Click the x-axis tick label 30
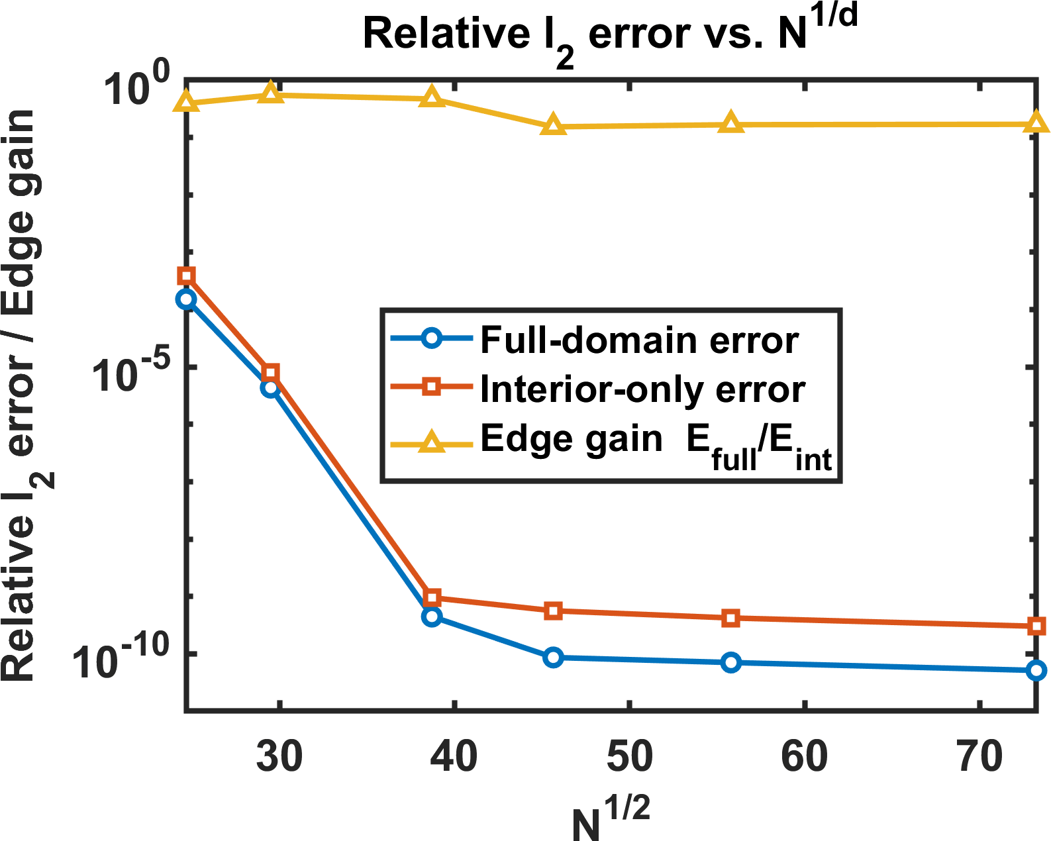coord(279,756)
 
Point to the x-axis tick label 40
coord(454,756)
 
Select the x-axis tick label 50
coord(629,756)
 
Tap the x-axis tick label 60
coord(804,756)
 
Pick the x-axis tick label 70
coord(979,756)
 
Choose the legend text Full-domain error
coord(639,340)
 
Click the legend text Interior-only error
coord(642,389)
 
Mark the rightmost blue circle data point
coord(1036,671)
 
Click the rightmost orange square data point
coord(1036,626)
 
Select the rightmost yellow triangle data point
coord(1036,123)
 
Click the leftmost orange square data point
coord(187,276)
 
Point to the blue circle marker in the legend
coord(432,338)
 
